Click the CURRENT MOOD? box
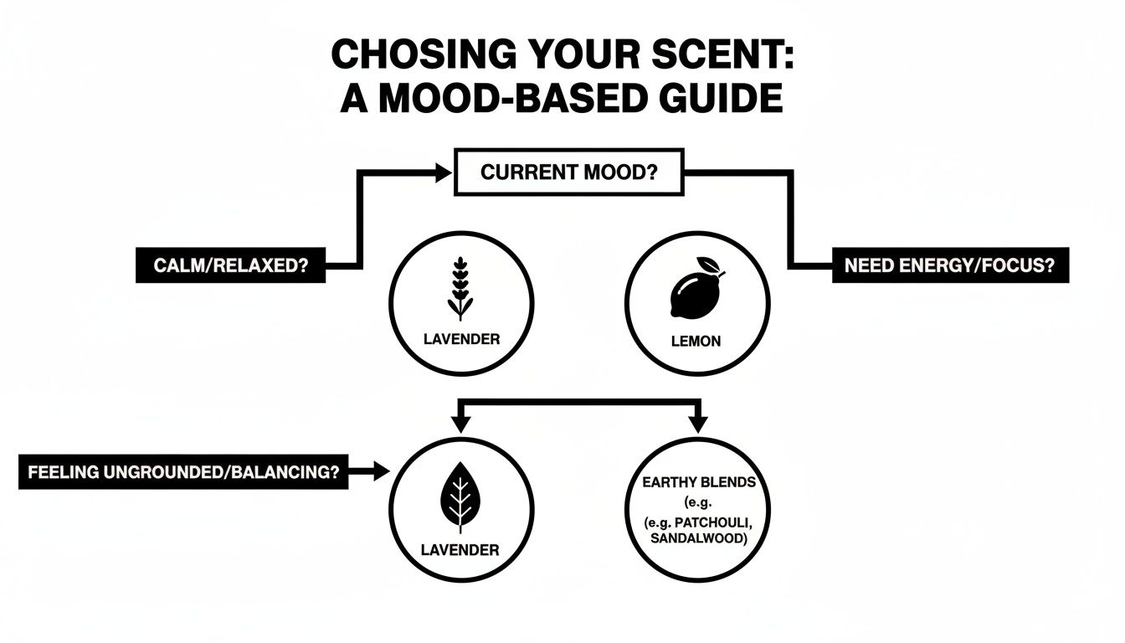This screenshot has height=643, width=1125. click(x=568, y=172)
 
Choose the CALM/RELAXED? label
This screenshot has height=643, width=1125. click(x=229, y=265)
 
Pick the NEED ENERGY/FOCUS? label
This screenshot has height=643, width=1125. click(x=949, y=265)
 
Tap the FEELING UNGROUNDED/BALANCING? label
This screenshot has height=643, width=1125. click(x=182, y=471)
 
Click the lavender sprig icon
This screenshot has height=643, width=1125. click(x=460, y=288)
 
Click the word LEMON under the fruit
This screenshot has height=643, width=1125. click(x=696, y=342)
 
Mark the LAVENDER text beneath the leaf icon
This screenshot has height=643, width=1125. click(x=460, y=550)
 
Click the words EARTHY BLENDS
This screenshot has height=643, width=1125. click(x=698, y=482)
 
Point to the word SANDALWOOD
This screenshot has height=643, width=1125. click(x=697, y=538)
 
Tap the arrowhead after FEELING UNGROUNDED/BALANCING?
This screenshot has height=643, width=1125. click(x=381, y=471)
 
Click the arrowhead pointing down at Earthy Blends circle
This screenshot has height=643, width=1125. click(x=697, y=425)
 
